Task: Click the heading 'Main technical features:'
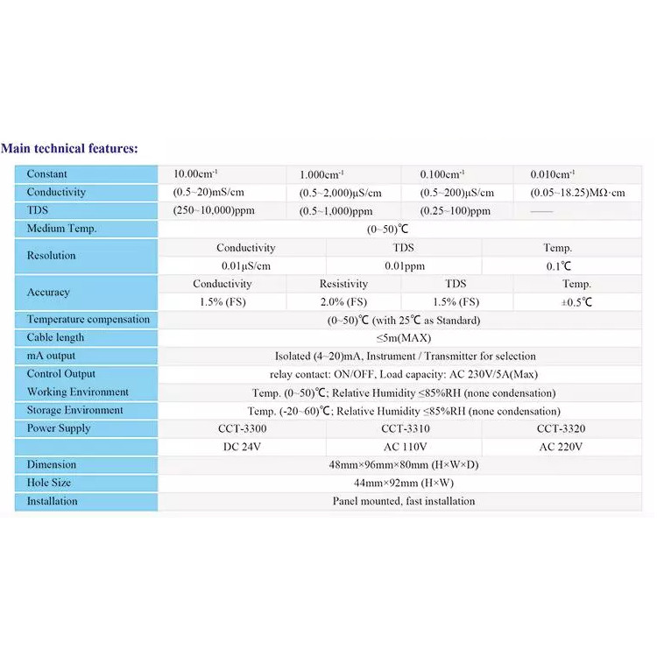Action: (70, 148)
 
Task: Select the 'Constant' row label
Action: (46, 174)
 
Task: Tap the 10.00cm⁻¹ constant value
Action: (194, 174)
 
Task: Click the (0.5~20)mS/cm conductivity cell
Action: (207, 193)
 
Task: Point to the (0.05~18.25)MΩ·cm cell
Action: (578, 193)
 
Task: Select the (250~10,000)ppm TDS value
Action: (210, 211)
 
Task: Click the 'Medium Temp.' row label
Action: (61, 229)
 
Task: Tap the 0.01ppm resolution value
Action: (404, 265)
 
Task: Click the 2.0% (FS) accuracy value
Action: (343, 302)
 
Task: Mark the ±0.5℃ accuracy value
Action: (576, 302)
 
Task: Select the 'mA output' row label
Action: (51, 356)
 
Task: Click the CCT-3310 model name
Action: (405, 428)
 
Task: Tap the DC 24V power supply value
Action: (242, 447)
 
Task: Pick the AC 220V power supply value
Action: (561, 447)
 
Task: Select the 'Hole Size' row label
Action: (49, 483)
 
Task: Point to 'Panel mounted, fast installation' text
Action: (404, 501)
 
